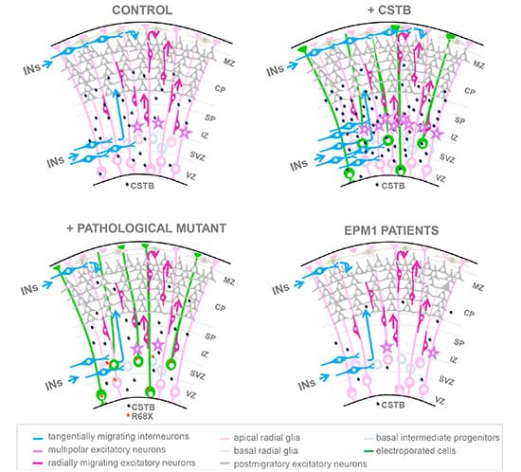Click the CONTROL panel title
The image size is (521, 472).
click(142, 10)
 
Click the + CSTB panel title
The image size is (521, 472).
click(389, 10)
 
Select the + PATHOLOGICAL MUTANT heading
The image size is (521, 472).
click(147, 228)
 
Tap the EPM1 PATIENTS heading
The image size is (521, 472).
click(391, 230)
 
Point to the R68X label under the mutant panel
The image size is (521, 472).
click(142, 416)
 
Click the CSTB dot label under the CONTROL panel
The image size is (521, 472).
click(140, 186)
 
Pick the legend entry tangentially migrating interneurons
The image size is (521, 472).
click(111, 436)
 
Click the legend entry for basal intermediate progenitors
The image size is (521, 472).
click(432, 438)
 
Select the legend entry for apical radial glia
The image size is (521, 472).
click(260, 438)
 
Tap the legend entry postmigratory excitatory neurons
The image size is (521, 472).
click(294, 463)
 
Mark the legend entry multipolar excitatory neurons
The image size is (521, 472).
click(99, 450)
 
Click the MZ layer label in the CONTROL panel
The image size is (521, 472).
click(228, 62)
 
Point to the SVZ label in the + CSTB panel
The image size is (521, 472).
click(446, 158)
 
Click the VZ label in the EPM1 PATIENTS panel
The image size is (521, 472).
click(440, 400)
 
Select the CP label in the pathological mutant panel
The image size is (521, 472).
click(220, 307)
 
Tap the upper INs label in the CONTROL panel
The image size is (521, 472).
click(32, 69)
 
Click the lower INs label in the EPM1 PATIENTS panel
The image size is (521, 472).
click(307, 385)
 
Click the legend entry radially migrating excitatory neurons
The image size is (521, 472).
click(115, 463)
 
